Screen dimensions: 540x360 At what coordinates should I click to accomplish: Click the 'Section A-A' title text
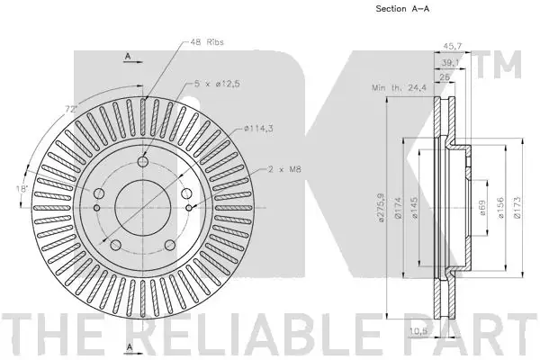point(402,9)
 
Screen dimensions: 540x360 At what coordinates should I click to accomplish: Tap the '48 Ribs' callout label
point(207,42)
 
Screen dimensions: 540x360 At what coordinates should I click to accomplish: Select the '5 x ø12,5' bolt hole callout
point(217,84)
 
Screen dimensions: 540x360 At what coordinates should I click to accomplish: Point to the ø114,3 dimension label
point(258,129)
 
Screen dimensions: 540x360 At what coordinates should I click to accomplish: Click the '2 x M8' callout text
point(284,169)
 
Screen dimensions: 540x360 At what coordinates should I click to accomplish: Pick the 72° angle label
point(71,110)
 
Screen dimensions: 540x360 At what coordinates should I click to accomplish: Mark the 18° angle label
point(22,189)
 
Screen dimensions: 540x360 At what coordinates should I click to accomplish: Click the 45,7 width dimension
point(452,46)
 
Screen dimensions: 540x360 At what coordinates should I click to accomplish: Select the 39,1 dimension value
point(451,62)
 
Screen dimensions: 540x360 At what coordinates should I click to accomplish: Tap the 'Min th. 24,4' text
point(399,88)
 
